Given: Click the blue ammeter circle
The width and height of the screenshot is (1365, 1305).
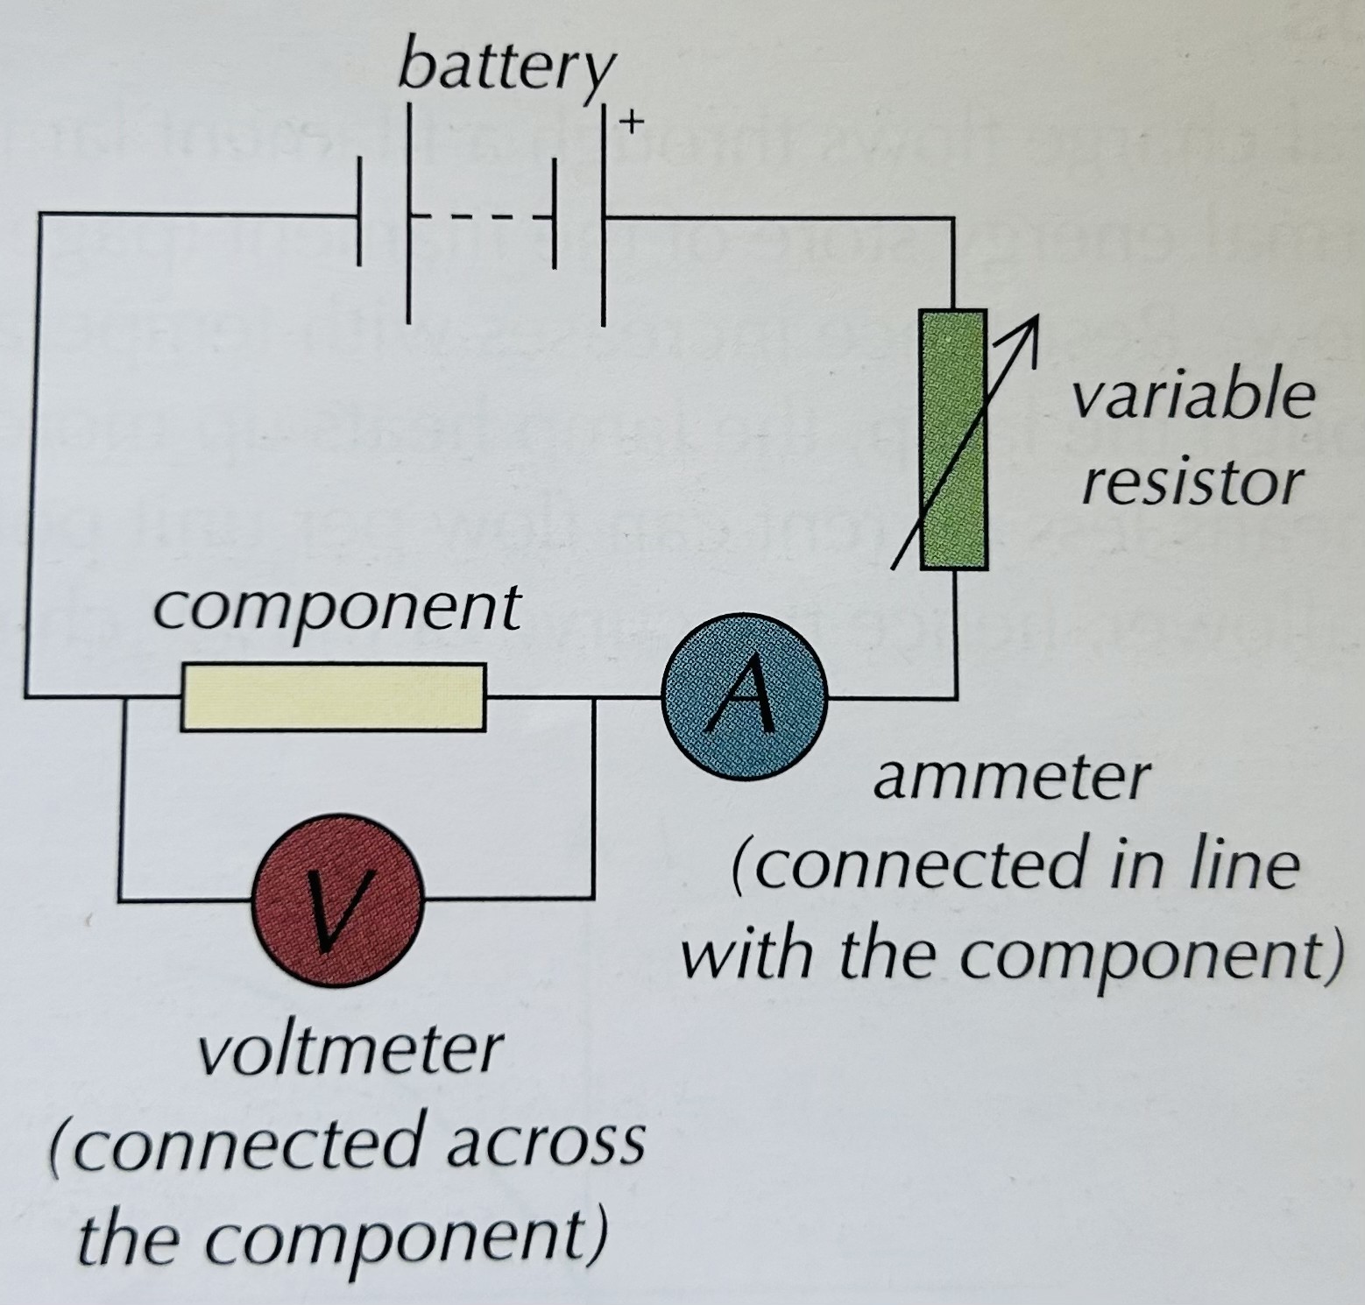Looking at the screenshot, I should [x=744, y=697].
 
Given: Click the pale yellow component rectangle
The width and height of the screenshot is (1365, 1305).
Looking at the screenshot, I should [x=333, y=697].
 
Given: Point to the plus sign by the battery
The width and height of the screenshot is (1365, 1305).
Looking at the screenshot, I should [x=631, y=122].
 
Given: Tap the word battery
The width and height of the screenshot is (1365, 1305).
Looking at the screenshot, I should [x=506, y=68].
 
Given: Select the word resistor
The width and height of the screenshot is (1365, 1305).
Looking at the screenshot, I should [x=1192, y=483].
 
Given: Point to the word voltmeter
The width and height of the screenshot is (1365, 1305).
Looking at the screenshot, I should [x=350, y=1049].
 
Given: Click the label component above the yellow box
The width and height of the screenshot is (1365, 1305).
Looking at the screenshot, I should [x=336, y=608].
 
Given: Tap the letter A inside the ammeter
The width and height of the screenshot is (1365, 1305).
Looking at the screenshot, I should [x=744, y=697].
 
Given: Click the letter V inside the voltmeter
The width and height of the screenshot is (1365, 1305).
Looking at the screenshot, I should [x=338, y=902].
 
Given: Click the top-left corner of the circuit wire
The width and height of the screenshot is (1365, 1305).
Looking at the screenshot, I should [x=40, y=215].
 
